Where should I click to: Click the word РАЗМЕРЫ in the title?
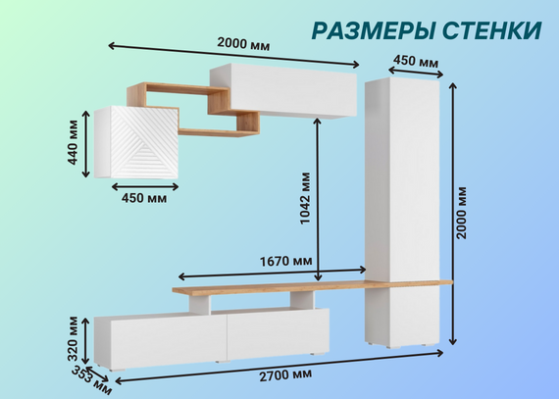374,30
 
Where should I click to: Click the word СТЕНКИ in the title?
492,30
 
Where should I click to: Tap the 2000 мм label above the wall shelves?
243,44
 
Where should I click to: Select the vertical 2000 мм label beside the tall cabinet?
461,213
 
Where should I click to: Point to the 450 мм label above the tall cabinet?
416,61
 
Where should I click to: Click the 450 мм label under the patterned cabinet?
144,198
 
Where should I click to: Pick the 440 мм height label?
73,142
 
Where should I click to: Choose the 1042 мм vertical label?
305,198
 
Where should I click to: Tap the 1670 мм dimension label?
286,262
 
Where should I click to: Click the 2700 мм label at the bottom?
285,375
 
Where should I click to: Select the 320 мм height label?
73,338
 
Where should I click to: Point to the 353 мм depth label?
91,380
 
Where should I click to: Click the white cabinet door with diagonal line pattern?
144,142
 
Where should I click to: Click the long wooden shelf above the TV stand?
312,286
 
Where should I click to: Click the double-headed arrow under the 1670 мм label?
272,274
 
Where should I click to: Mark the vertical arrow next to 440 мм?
86,144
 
